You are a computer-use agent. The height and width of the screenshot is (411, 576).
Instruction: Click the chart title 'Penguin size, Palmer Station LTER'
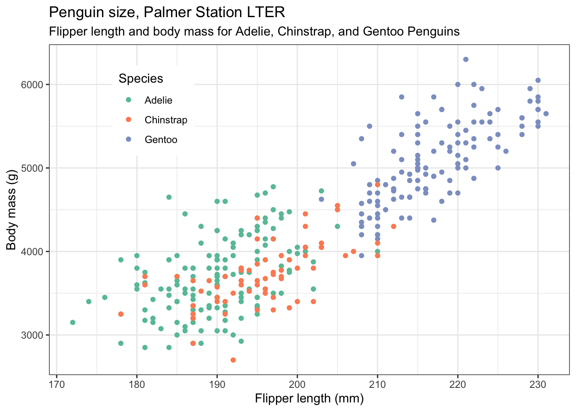167,12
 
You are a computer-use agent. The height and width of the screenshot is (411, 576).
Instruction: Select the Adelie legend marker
128,100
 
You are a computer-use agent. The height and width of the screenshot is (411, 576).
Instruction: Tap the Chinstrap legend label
166,120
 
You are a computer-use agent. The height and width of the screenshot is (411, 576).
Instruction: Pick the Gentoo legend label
161,140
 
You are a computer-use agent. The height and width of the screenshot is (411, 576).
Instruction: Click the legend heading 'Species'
141,78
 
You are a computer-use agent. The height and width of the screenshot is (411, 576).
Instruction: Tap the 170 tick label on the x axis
57,384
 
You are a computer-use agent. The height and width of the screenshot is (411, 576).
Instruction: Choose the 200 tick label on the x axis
297,384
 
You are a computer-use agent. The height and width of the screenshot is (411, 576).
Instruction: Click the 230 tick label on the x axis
538,384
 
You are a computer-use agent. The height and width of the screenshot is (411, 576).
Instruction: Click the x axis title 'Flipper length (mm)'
309,399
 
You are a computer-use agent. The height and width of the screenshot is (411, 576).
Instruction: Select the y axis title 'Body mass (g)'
11,209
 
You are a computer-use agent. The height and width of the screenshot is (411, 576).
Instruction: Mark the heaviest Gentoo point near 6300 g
466,60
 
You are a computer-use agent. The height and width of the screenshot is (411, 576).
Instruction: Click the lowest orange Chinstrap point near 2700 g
233,360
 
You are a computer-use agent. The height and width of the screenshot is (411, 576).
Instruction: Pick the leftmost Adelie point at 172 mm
73,322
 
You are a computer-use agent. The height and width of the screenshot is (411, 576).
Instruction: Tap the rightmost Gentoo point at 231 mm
546,113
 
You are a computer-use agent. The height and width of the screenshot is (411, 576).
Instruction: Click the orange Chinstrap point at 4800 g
378,185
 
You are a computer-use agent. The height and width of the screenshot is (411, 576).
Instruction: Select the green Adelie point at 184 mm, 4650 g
169,197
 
